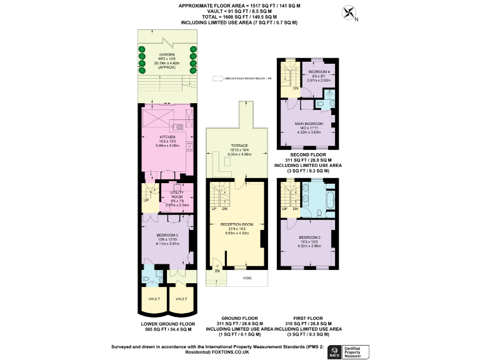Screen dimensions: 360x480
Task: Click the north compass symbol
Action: (349, 13)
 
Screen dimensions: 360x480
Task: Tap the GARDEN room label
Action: (166, 55)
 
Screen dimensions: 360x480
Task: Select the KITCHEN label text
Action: (166, 136)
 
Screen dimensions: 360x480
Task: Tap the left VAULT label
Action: (154, 299)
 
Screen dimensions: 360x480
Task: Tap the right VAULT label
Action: (181, 299)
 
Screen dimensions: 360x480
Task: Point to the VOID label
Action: (247, 277)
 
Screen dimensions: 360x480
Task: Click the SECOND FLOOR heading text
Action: (307, 154)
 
